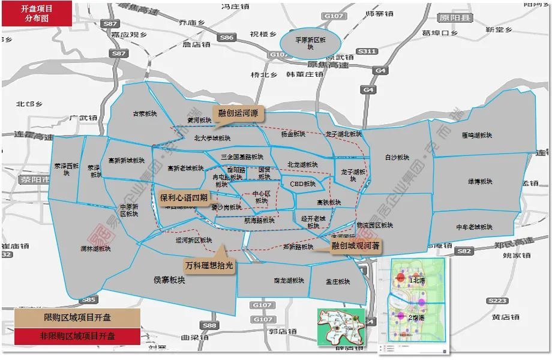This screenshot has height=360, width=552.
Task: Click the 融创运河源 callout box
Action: point(238,112)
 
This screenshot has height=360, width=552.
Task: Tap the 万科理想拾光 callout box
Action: point(209,264)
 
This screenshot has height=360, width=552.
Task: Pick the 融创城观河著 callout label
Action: point(356,245)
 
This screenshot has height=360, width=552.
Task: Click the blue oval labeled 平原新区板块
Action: point(310,43)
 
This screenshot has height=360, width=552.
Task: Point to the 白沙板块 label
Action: point(397,158)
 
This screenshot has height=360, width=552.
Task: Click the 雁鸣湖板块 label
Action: point(477,136)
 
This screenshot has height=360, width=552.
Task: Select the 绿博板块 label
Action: point(480,181)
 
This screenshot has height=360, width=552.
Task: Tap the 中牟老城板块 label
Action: point(474,227)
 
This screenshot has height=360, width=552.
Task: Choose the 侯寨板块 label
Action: point(169,280)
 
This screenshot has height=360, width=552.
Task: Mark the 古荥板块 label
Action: point(145,113)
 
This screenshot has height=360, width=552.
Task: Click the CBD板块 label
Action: point(302,184)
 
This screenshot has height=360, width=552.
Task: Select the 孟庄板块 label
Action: point(338,281)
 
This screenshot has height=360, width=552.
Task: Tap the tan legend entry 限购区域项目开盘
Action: point(77,317)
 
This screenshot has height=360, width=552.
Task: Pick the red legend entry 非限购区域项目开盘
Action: point(77,336)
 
